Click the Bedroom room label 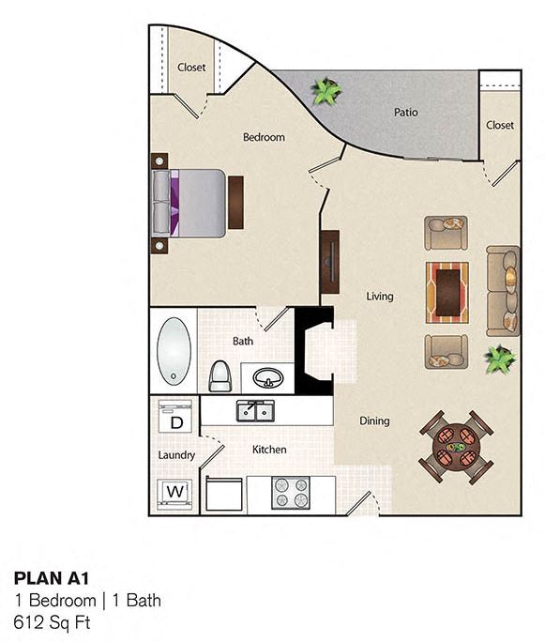pos(264,137)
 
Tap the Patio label pos(405,113)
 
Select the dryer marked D pos(175,419)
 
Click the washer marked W pos(175,491)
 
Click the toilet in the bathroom pos(220,375)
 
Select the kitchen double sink pos(254,410)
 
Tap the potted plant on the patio pos(326,91)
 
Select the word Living pos(379,297)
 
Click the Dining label pos(374,421)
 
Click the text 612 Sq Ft pos(53,620)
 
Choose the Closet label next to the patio pos(499,125)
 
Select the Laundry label pos(176,455)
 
